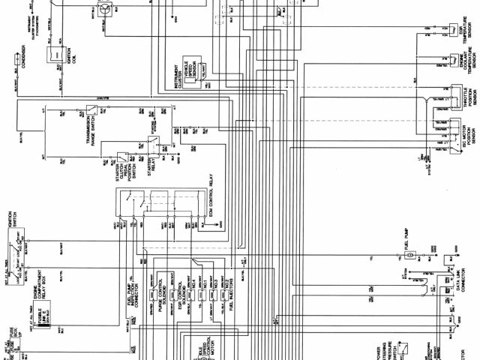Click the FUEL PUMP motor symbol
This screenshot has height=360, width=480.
[409, 256]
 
